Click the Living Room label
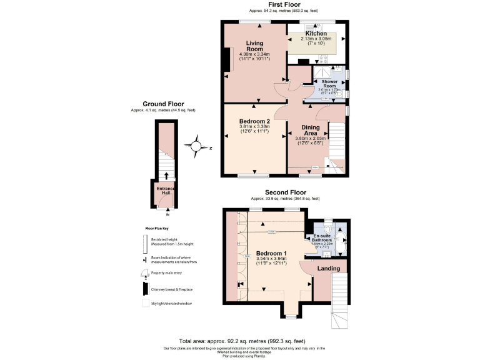[254, 46]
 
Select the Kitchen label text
[316, 33]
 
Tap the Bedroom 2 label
[254, 122]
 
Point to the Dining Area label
[311, 130]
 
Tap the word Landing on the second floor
[328, 269]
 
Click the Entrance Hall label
[166, 191]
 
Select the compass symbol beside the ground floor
[196, 147]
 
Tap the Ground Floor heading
[163, 104]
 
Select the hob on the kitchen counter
[324, 60]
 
